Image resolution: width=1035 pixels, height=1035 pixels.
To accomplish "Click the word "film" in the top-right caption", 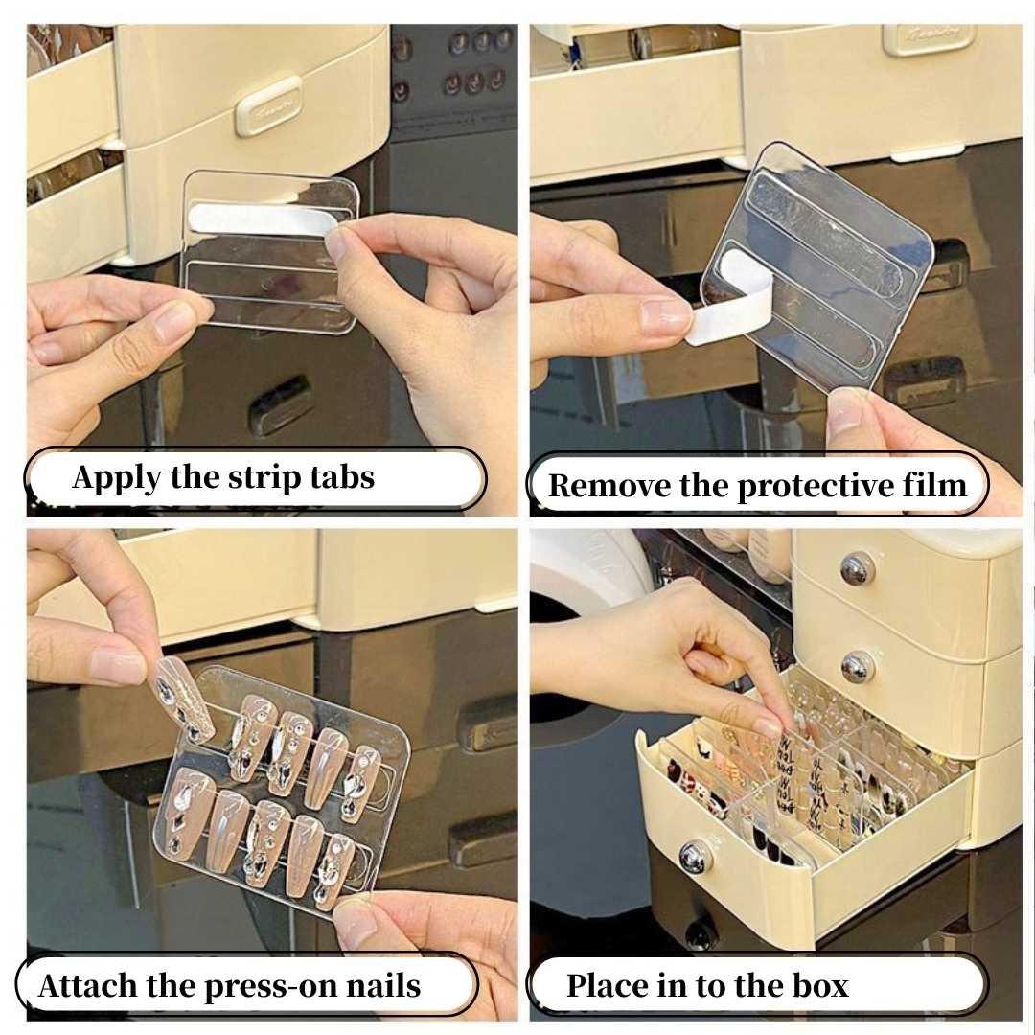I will coord(933,486).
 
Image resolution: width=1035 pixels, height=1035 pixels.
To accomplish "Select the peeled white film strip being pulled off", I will coord(733,307).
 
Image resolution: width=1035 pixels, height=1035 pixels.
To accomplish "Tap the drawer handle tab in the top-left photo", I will coord(268,105).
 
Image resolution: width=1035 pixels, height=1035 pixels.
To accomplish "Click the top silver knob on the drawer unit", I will coord(856,569).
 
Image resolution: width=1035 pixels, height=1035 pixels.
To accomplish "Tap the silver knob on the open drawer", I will coord(696,856).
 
